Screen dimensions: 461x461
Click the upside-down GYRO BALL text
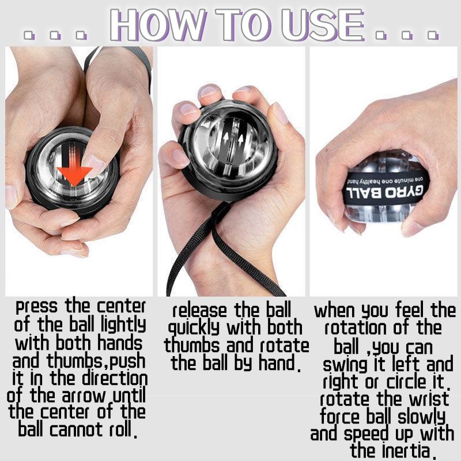coord(385,192)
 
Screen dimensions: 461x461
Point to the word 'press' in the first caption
coord(36,307)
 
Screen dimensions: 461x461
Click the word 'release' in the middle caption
coord(199,311)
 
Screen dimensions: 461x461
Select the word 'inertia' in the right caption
coord(406,451)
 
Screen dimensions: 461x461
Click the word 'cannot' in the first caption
coord(77,429)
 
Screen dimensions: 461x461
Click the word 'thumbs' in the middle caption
coord(192,345)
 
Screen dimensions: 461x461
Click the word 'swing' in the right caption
coord(345,365)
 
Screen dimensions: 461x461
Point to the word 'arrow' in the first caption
coord(84,396)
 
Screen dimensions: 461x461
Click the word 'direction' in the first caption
coord(115,379)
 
